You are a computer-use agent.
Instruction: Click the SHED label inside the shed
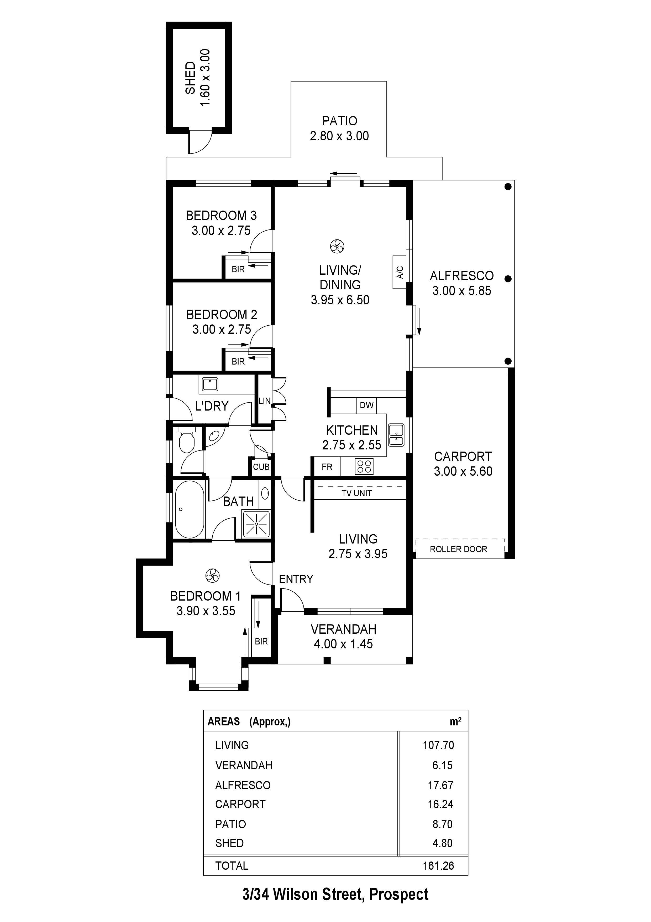(190, 78)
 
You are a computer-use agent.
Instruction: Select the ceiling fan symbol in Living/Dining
(337, 246)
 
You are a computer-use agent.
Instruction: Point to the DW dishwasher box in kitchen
(366, 405)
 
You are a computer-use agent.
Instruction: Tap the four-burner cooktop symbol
(364, 467)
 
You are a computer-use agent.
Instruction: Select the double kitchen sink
(396, 435)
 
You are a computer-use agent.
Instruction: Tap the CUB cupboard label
(261, 467)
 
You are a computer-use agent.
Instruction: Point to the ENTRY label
(296, 579)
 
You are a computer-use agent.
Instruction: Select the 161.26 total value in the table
(438, 865)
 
